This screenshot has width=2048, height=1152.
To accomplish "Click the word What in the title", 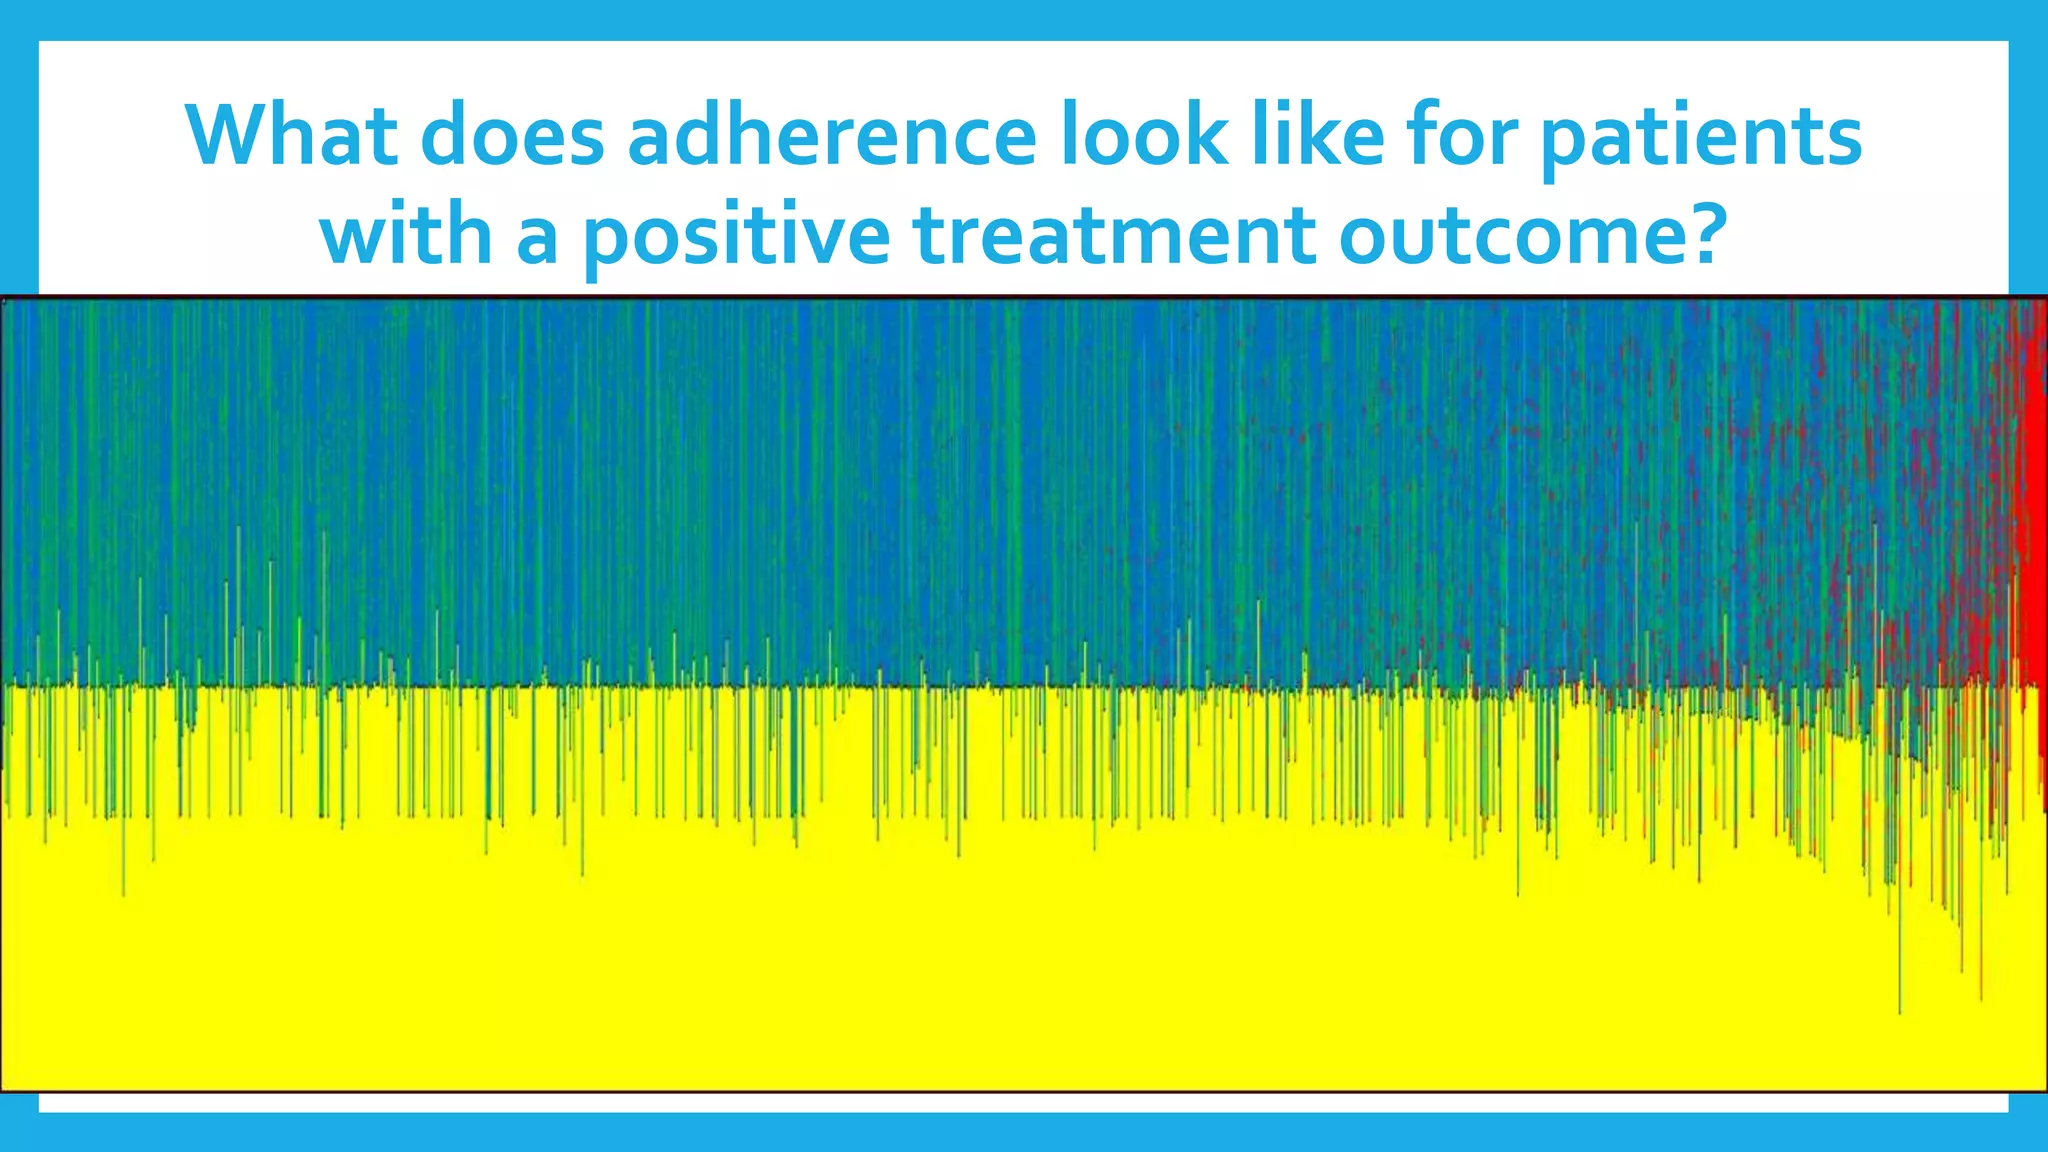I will pyautogui.click(x=291, y=135).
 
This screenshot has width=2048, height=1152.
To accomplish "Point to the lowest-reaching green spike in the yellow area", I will pyautogui.click(x=1900, y=1005).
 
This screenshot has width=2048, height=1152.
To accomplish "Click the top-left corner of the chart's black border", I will pyautogui.click(x=2, y=298).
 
